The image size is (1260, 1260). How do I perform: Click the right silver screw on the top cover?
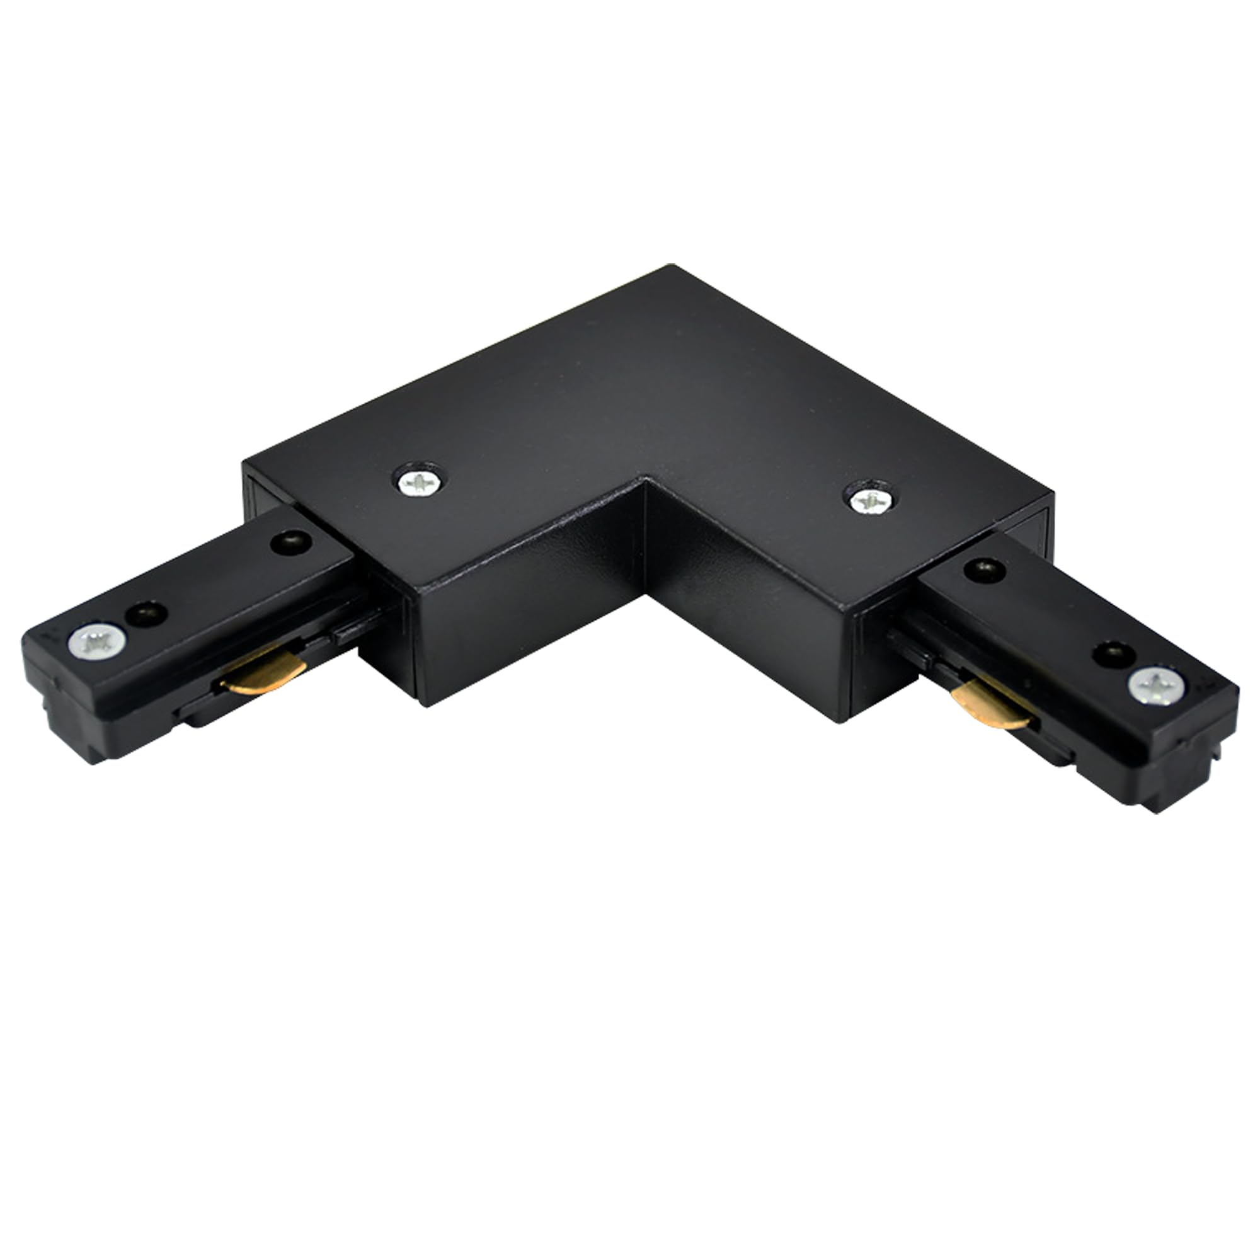[x=871, y=500]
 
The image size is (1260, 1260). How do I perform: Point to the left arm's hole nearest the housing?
[x=291, y=541]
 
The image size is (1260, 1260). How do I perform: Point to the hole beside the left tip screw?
[x=147, y=613]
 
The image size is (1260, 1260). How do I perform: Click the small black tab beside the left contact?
[x=349, y=632]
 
